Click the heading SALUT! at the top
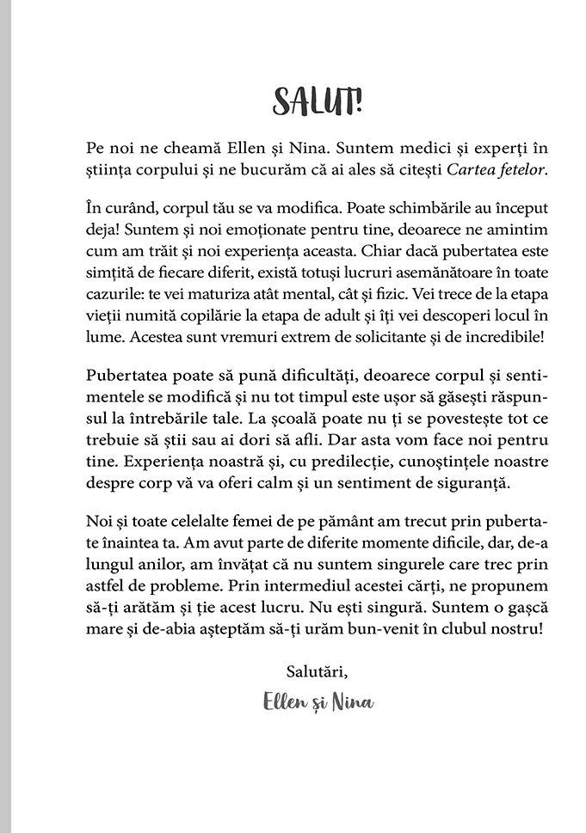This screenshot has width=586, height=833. (x=318, y=101)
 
